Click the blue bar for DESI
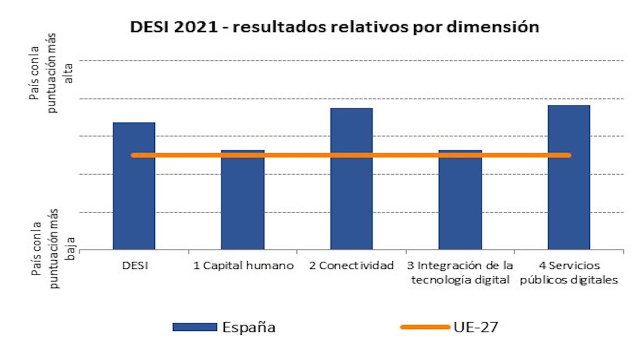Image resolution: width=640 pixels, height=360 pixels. pyautogui.click(x=134, y=200)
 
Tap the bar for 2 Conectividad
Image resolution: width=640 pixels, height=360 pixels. pyautogui.click(x=351, y=200)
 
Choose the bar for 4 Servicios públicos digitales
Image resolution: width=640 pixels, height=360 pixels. pyautogui.click(x=569, y=200)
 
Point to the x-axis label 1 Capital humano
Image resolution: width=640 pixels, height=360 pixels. pyautogui.click(x=243, y=265)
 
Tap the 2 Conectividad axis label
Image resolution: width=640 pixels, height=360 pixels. pyautogui.click(x=351, y=265)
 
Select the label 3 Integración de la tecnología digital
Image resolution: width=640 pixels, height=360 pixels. pyautogui.click(x=460, y=272)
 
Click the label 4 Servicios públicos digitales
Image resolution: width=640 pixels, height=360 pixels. pyautogui.click(x=569, y=272)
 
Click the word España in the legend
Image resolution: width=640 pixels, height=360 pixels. pyautogui.click(x=249, y=327)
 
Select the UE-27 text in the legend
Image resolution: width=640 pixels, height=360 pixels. pyautogui.click(x=476, y=327)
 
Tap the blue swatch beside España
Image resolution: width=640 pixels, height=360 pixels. pyautogui.click(x=194, y=327)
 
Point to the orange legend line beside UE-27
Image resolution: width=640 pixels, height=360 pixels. pyautogui.click(x=425, y=327)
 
